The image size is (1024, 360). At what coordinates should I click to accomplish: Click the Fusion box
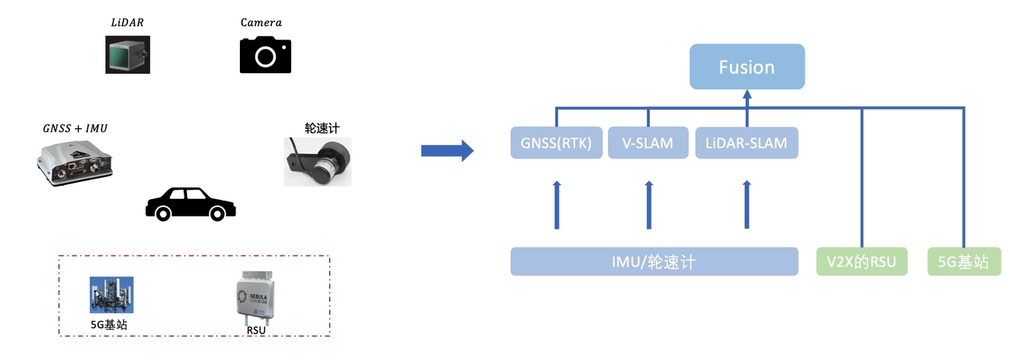747,67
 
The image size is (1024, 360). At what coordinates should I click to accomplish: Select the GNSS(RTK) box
556,143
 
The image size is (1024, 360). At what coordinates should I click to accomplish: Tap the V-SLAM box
648,143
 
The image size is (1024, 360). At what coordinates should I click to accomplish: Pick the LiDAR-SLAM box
746,143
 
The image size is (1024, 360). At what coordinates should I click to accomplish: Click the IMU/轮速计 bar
654,262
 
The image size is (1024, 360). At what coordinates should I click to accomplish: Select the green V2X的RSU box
862,262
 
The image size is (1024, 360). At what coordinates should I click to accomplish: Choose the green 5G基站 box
963,262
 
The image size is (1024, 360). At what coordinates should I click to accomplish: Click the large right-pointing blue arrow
447,151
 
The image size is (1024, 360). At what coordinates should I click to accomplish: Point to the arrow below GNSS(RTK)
557,205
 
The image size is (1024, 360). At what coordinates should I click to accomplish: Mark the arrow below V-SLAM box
649,205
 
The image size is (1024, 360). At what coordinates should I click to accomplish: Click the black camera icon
266,55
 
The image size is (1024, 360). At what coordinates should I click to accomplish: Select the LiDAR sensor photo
128,55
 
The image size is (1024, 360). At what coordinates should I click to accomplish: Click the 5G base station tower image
111,295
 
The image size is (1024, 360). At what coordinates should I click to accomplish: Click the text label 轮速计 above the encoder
322,128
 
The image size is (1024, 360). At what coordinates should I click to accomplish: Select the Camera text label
261,23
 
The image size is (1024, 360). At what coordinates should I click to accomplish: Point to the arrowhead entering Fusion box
747,94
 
